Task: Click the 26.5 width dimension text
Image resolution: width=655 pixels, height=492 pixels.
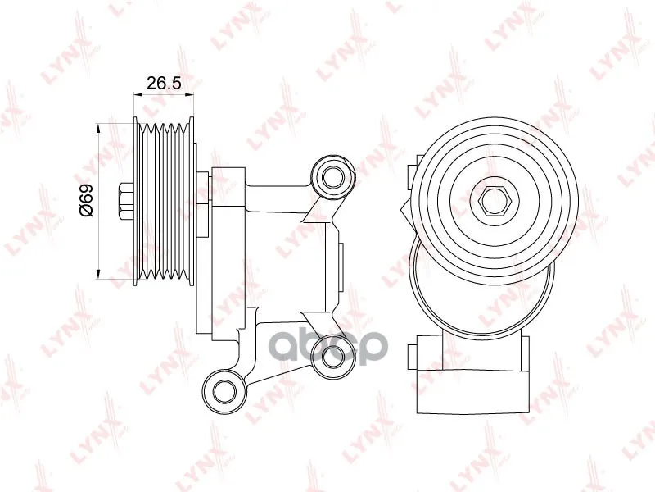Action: pyautogui.click(x=164, y=84)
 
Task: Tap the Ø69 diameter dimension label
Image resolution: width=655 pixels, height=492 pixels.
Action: pyautogui.click(x=86, y=200)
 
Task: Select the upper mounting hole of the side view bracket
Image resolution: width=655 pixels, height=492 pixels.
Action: pyautogui.click(x=333, y=177)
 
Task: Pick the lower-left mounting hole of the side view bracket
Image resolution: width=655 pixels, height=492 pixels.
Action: pyautogui.click(x=224, y=391)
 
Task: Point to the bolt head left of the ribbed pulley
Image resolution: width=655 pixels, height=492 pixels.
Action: pyautogui.click(x=126, y=202)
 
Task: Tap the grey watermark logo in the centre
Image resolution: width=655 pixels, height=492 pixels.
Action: pyautogui.click(x=327, y=347)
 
